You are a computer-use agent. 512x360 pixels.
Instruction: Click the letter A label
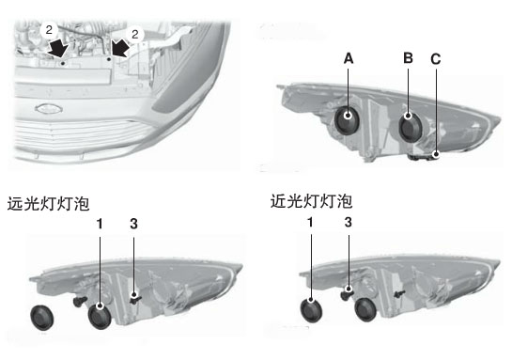[x=349, y=58]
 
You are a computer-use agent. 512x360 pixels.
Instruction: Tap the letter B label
[x=408, y=58]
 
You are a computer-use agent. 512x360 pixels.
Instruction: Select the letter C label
[x=436, y=59]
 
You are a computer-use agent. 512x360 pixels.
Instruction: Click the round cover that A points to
[x=348, y=120]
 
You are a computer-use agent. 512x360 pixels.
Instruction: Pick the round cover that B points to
[x=411, y=127]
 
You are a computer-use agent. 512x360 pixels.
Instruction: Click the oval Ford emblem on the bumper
[x=49, y=109]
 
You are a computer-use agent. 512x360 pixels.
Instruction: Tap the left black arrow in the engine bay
[x=57, y=49]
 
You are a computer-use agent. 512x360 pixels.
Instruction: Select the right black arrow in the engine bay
[x=120, y=48]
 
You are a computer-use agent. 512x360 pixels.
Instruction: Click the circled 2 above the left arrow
[x=49, y=30]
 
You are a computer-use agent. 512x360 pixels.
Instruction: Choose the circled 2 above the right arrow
[x=135, y=34]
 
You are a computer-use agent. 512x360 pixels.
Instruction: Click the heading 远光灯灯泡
[x=48, y=204]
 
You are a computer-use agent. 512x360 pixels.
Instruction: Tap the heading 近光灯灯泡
[x=311, y=201]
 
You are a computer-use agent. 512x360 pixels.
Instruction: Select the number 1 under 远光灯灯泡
[x=100, y=224]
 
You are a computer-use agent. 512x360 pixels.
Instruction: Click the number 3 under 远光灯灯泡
[x=133, y=224]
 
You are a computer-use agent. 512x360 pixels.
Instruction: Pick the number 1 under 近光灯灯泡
[x=310, y=223]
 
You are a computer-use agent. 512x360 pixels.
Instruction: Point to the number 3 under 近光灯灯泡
[x=349, y=223]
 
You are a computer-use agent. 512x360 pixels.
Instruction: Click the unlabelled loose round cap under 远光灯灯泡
[x=41, y=318]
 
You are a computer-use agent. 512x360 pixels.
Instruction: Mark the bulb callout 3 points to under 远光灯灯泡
[x=135, y=298]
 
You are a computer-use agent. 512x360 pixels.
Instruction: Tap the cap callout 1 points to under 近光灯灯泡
[x=311, y=310]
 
